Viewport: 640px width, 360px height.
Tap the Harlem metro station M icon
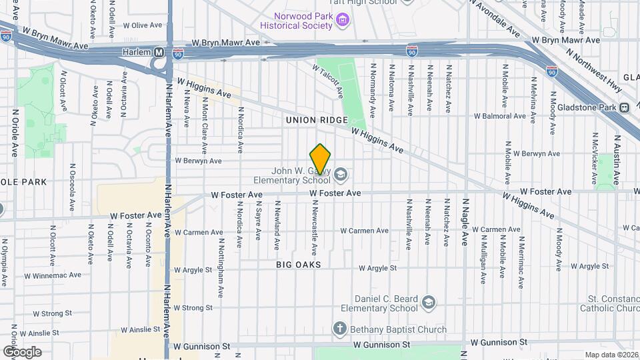[x=159, y=52]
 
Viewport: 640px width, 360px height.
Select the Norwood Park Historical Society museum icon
[x=343, y=20]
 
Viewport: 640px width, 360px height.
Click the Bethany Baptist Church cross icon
[x=339, y=329]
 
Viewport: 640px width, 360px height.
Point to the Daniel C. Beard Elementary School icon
[x=428, y=303]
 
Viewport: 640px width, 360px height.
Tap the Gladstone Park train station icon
[x=624, y=107]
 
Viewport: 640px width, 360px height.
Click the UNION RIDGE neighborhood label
[x=317, y=120]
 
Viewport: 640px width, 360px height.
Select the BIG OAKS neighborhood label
[x=299, y=265]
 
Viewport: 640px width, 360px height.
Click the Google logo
[x=22, y=351]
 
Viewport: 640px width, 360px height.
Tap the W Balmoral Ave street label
[x=499, y=116]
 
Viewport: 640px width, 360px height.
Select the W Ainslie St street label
[x=141, y=329]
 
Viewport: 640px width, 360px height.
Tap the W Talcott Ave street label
[x=328, y=80]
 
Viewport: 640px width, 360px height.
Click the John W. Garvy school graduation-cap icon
[x=341, y=175]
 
